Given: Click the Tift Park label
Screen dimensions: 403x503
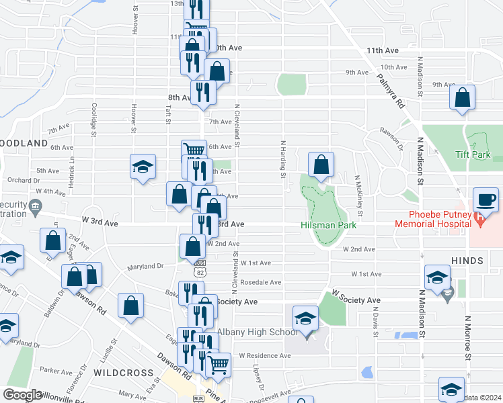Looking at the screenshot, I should coord(477,154).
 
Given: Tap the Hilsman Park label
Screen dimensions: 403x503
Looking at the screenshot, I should coord(327,226).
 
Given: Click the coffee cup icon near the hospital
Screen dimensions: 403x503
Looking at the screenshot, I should coord(486,200).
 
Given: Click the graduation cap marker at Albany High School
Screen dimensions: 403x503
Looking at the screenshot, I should coord(305,318).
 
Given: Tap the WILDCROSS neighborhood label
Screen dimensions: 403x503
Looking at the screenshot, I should coord(120,371).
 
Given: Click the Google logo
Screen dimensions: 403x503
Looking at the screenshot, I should coord(22,395).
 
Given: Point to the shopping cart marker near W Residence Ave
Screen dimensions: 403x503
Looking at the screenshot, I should coord(218,365).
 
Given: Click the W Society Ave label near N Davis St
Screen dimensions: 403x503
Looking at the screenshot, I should coord(356,300).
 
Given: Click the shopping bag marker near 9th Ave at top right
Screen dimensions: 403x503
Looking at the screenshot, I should coord(463,97).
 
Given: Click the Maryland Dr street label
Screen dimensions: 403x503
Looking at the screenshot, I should coord(146,266).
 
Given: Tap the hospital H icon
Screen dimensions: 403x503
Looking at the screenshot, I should coord(478,218).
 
